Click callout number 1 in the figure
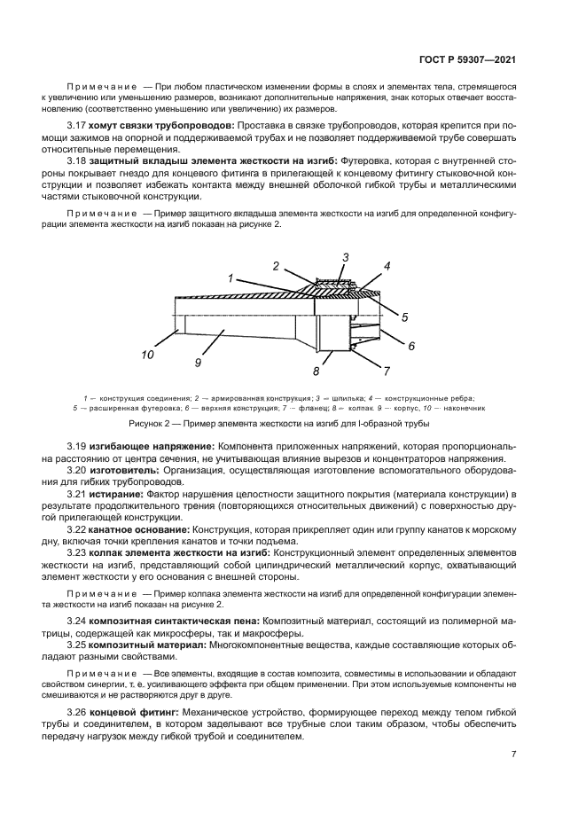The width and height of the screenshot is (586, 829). point(230,278)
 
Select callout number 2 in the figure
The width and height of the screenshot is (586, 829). point(276,265)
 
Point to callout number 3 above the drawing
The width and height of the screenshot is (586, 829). point(346,256)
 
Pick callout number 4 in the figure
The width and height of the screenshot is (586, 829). point(387,265)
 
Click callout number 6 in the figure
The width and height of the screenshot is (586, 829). point(410,346)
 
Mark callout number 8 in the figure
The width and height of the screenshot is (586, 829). point(340,371)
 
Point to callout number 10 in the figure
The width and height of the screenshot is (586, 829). point(147,355)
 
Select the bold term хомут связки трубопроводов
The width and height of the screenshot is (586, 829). point(152,126)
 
